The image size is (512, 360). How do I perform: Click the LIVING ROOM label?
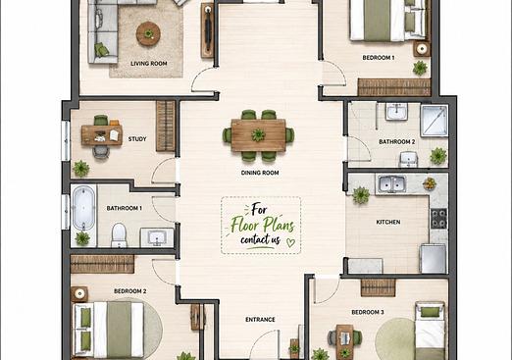tap(149, 64)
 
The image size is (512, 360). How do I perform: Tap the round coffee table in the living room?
tap(148, 33)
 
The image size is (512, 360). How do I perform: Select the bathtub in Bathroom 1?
tap(83, 208)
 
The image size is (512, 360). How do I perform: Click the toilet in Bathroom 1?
tap(119, 235)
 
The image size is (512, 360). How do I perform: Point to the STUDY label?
tap(137, 139)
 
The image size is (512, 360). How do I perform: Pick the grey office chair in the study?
tap(101, 152)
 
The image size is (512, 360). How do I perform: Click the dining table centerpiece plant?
tap(258, 134)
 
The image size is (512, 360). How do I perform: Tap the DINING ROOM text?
tap(260, 173)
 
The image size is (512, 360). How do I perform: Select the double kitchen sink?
tap(392, 184)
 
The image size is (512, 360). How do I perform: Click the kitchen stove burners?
tap(438, 219)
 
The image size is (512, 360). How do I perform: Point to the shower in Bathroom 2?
tap(435, 121)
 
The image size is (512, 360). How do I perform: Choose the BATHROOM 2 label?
tap(397, 142)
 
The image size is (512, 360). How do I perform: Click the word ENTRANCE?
tap(260, 320)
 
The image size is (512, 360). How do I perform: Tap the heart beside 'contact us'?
tap(290, 242)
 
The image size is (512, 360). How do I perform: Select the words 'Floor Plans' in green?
tap(263, 225)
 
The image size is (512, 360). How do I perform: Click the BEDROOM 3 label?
tap(368, 312)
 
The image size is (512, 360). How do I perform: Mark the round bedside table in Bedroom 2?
tap(79, 294)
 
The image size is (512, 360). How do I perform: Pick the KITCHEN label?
tap(388, 222)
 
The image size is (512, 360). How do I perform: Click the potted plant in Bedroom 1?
tap(420, 68)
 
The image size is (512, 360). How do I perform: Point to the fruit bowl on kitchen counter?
tap(430, 183)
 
